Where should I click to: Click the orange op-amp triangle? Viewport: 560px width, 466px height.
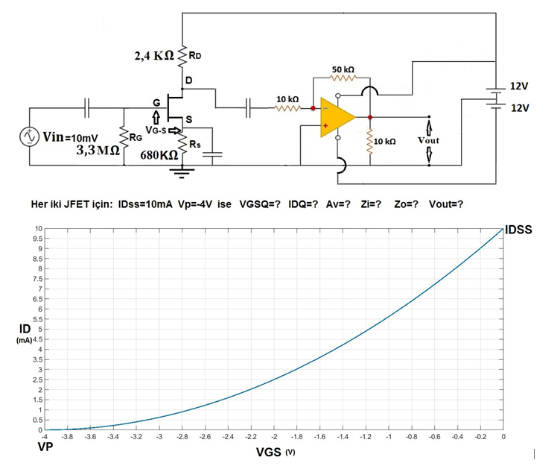(x=335, y=117)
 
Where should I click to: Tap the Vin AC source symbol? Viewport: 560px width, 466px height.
(x=31, y=137)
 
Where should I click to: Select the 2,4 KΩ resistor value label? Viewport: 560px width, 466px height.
(x=154, y=56)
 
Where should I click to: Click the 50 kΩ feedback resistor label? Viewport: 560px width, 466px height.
(x=343, y=69)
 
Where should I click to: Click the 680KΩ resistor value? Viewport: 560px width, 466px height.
(x=159, y=156)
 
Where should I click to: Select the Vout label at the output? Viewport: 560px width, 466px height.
(x=429, y=140)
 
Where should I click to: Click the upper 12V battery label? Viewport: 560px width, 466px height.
(x=518, y=87)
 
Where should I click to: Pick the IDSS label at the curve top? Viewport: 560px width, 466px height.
(x=518, y=230)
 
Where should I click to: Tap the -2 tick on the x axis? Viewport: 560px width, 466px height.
(x=274, y=437)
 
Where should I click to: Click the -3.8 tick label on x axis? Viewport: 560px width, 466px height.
(x=68, y=437)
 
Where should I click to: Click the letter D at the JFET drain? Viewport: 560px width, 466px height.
(x=188, y=80)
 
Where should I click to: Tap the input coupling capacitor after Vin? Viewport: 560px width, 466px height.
(x=87, y=108)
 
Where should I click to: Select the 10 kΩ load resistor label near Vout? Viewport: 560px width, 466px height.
(x=385, y=140)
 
